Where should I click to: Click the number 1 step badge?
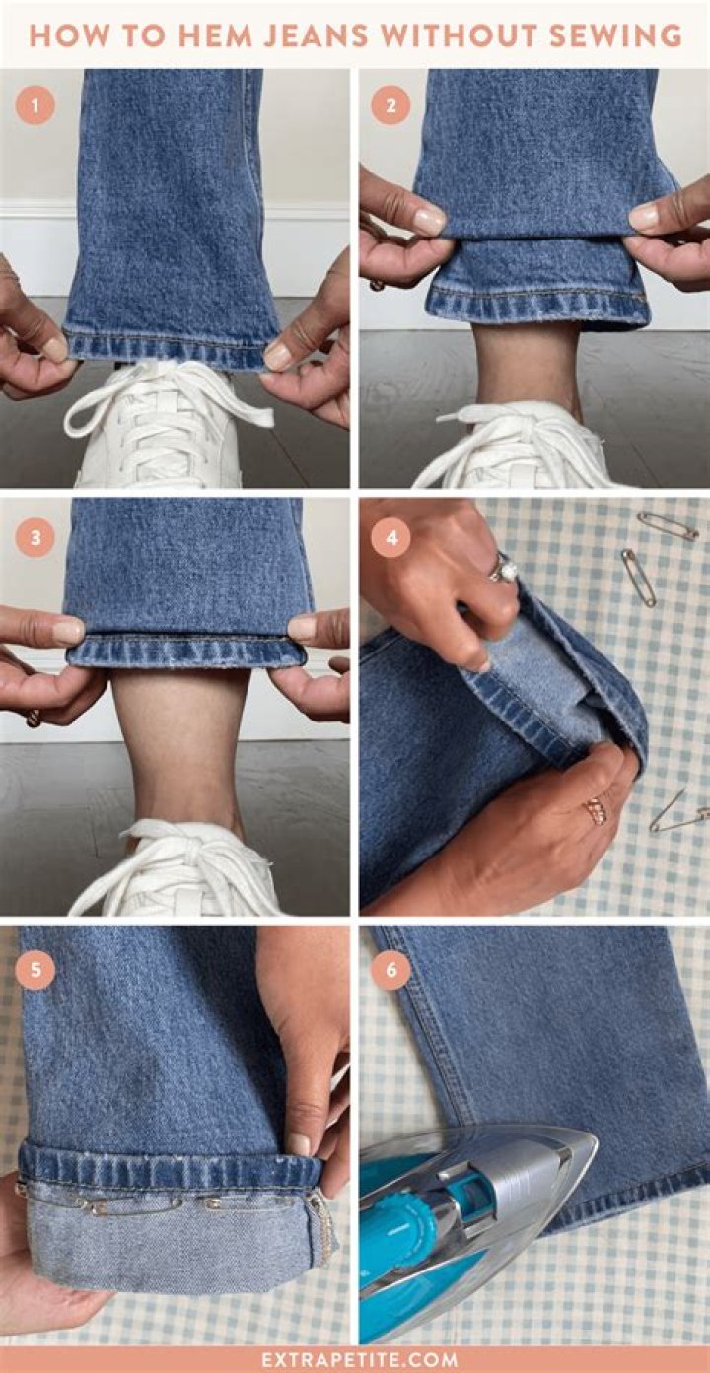tap(35, 105)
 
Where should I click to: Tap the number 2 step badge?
tap(390, 105)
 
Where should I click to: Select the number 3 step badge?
tap(35, 538)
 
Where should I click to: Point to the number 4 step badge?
tap(390, 538)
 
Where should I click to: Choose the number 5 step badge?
tap(35, 970)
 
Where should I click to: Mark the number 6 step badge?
tap(390, 970)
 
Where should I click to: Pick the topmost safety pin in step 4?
tap(668, 525)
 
